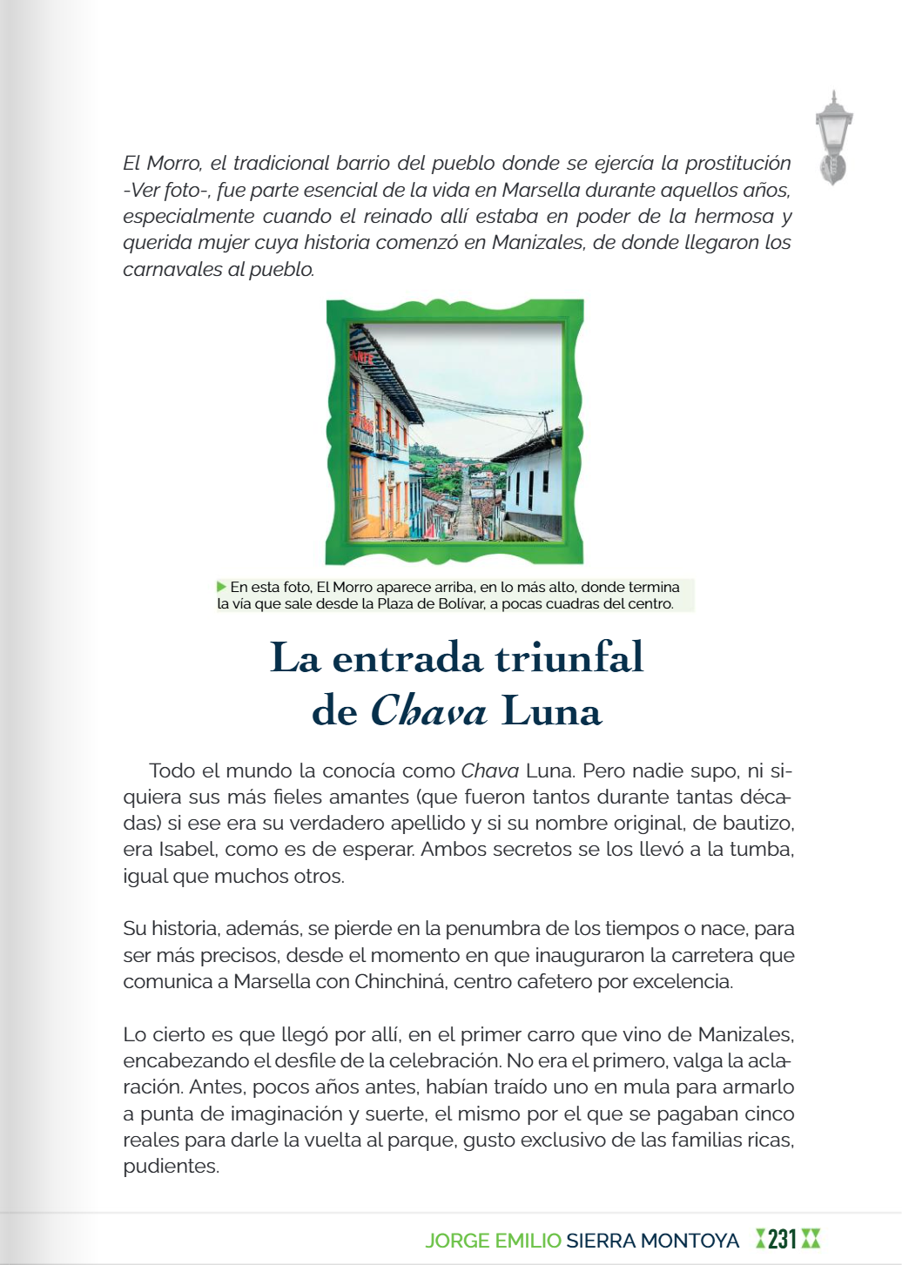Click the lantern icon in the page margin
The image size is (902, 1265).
click(833, 138)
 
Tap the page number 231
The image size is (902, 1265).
click(783, 1239)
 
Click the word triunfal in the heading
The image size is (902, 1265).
click(569, 657)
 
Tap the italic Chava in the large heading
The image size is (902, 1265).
click(428, 712)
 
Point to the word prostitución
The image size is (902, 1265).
click(737, 164)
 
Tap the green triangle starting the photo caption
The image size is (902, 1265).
click(222, 587)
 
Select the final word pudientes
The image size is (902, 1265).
click(170, 1167)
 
